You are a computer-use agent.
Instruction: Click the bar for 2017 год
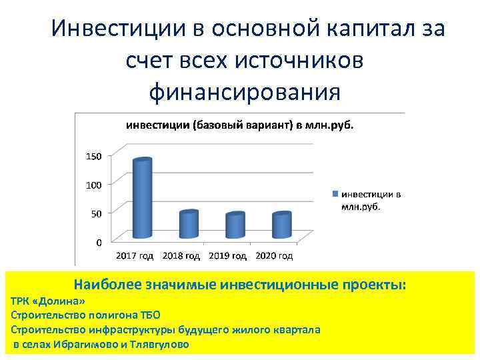click(x=142, y=199)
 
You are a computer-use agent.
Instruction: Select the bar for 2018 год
click(x=189, y=225)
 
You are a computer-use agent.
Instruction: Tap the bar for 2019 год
click(x=235, y=226)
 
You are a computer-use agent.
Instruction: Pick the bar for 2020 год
click(x=281, y=225)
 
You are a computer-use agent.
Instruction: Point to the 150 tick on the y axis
click(x=93, y=156)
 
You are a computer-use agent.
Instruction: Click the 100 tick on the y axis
click(x=93, y=185)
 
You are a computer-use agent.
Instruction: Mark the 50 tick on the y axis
click(x=95, y=213)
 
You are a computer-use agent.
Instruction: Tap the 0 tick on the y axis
click(x=98, y=242)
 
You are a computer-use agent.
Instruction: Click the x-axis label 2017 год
click(x=135, y=255)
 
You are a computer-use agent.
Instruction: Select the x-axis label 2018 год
click(x=181, y=255)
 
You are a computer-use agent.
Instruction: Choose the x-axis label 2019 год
click(x=227, y=255)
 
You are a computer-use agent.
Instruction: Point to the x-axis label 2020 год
click(x=273, y=255)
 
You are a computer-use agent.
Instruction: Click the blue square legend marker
click(x=336, y=194)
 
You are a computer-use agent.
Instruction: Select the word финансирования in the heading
click(x=244, y=91)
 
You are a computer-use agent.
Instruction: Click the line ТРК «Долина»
click(x=49, y=301)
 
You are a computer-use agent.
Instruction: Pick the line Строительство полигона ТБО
click(x=86, y=315)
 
